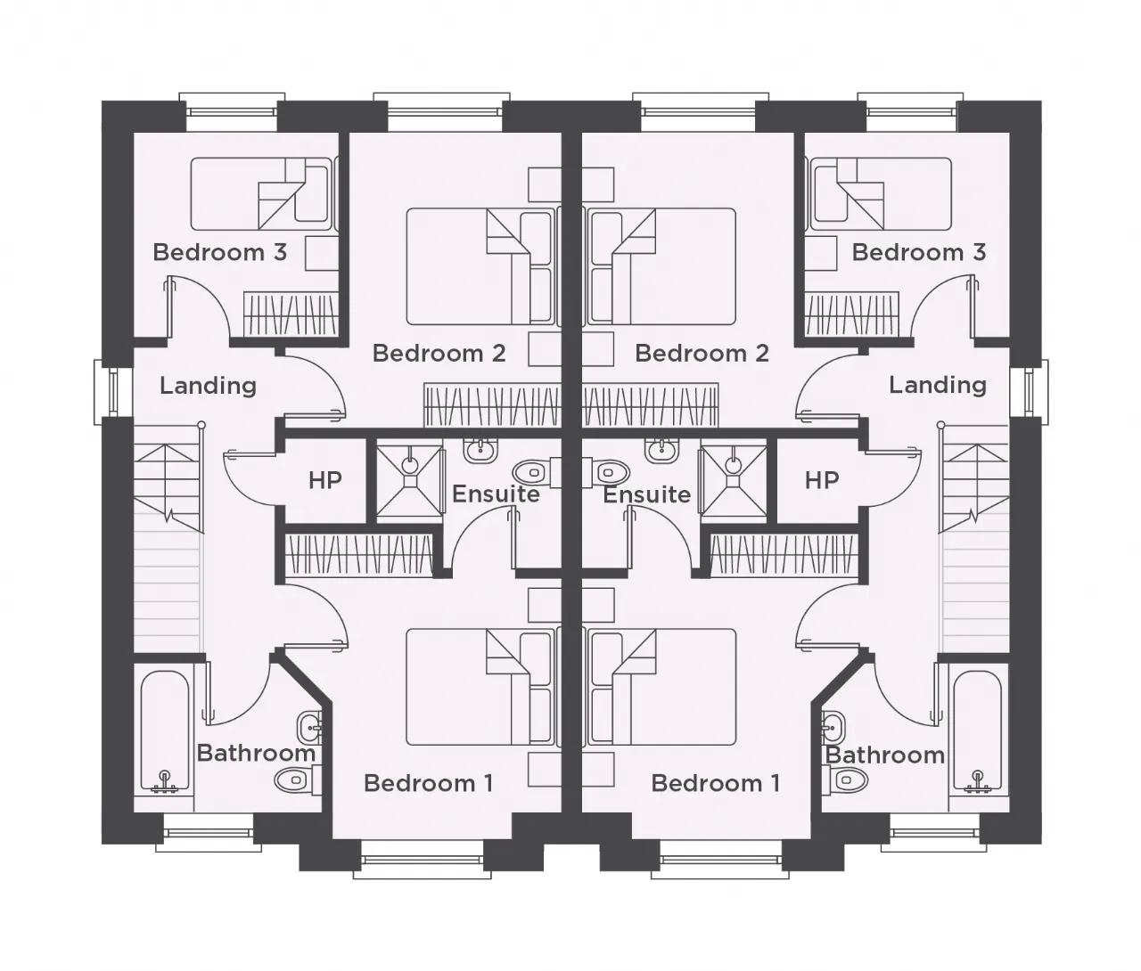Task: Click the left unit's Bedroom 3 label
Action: [219, 253]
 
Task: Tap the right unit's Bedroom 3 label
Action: [919, 253]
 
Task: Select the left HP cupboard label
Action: [325, 480]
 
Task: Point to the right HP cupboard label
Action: [821, 480]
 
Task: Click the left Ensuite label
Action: [496, 494]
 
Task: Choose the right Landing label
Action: [937, 385]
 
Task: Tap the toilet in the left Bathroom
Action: [298, 780]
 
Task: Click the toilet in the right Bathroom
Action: [845, 780]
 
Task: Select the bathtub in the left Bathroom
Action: [165, 732]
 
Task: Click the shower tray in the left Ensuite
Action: [409, 482]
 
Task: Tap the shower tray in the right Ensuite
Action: [733, 482]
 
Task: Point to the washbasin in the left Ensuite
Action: [481, 451]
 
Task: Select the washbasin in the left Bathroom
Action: [309, 728]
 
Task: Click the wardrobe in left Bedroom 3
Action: [291, 314]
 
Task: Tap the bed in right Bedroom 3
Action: [879, 193]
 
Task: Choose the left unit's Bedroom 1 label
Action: [429, 783]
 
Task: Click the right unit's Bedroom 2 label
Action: [702, 353]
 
